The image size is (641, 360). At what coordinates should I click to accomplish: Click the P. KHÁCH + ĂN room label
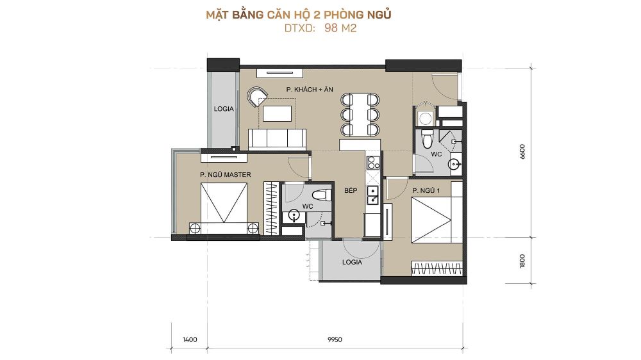[x=310, y=89]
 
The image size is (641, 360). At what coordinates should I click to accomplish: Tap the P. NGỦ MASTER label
[x=225, y=174]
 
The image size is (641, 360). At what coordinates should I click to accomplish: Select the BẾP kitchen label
[x=351, y=190]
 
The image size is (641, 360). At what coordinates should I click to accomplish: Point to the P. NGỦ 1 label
[x=426, y=190]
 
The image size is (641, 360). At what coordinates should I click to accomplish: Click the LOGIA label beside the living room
[x=224, y=109]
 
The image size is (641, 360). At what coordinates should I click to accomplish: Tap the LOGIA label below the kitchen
[x=352, y=262]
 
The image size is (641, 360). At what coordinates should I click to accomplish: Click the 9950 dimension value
[x=335, y=339]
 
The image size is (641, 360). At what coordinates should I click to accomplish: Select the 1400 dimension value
[x=190, y=339]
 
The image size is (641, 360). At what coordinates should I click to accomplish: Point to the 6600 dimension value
[x=522, y=152]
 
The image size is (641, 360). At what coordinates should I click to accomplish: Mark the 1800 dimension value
[x=522, y=261]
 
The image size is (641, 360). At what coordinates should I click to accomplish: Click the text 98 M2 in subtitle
[x=340, y=28]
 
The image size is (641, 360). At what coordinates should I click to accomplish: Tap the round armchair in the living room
[x=257, y=97]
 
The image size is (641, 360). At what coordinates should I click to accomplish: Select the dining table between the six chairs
[x=360, y=115]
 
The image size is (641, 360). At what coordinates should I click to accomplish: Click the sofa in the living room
[x=277, y=138]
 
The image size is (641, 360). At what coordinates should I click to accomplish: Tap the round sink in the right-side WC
[x=455, y=164]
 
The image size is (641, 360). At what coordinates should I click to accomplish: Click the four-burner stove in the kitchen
[x=373, y=163]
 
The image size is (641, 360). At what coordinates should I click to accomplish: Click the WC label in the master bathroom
[x=308, y=206]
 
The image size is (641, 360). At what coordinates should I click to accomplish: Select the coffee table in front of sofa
[x=277, y=113]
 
